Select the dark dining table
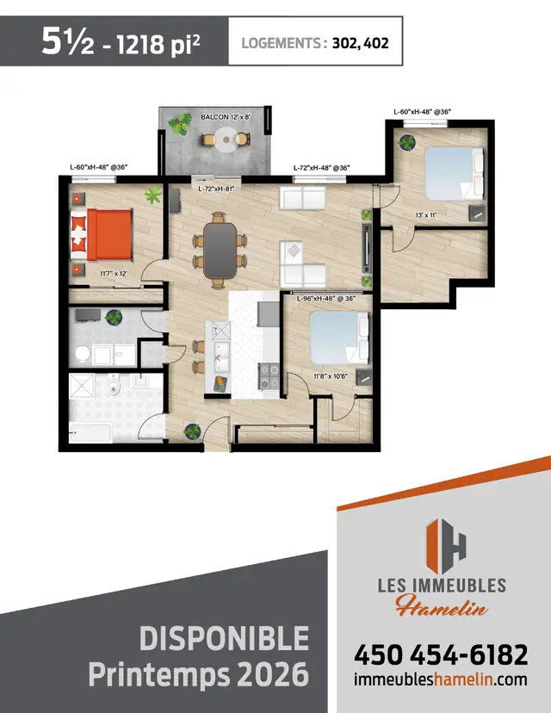coord(220,249)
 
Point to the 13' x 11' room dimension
coord(427,214)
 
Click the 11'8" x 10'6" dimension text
coord(331,375)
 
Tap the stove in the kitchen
coord(267,375)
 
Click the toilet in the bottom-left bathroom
coord(114,392)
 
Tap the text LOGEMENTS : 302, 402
coord(315,41)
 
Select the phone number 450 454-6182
coord(440,654)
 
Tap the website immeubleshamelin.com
coord(440,679)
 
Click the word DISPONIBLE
coord(223,638)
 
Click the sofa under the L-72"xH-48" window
coord(301,200)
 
